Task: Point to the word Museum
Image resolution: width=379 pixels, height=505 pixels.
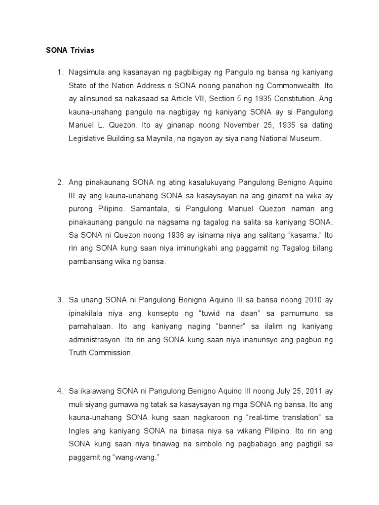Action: pyautogui.click(x=306, y=139)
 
